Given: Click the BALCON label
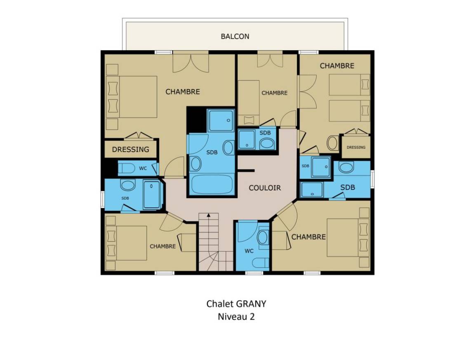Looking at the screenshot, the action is (235, 36).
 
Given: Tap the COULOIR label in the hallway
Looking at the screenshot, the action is (265, 188).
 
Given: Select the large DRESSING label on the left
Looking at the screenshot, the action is (131, 150).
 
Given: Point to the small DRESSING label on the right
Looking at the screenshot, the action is (356, 147).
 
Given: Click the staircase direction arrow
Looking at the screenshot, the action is (208, 215).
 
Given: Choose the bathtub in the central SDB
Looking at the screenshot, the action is (212, 185).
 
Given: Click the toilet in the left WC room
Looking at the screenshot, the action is (126, 168).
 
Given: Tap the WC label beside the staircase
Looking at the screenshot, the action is (249, 251).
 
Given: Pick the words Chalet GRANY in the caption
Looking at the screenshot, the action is (236, 304).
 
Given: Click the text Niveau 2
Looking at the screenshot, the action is (236, 316).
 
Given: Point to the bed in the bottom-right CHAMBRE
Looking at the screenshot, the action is (348, 238).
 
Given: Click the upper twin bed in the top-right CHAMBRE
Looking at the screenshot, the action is (349, 85).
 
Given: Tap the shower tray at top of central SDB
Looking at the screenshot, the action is (221, 120).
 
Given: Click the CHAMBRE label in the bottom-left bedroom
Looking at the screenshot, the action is (163, 246).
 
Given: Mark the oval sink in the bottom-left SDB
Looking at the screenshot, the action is (128, 185).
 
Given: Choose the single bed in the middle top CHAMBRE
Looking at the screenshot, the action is (249, 103).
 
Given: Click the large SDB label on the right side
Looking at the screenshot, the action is (348, 187).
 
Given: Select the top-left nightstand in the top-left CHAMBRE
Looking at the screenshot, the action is (112, 70).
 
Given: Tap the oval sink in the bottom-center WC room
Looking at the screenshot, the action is (263, 238).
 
